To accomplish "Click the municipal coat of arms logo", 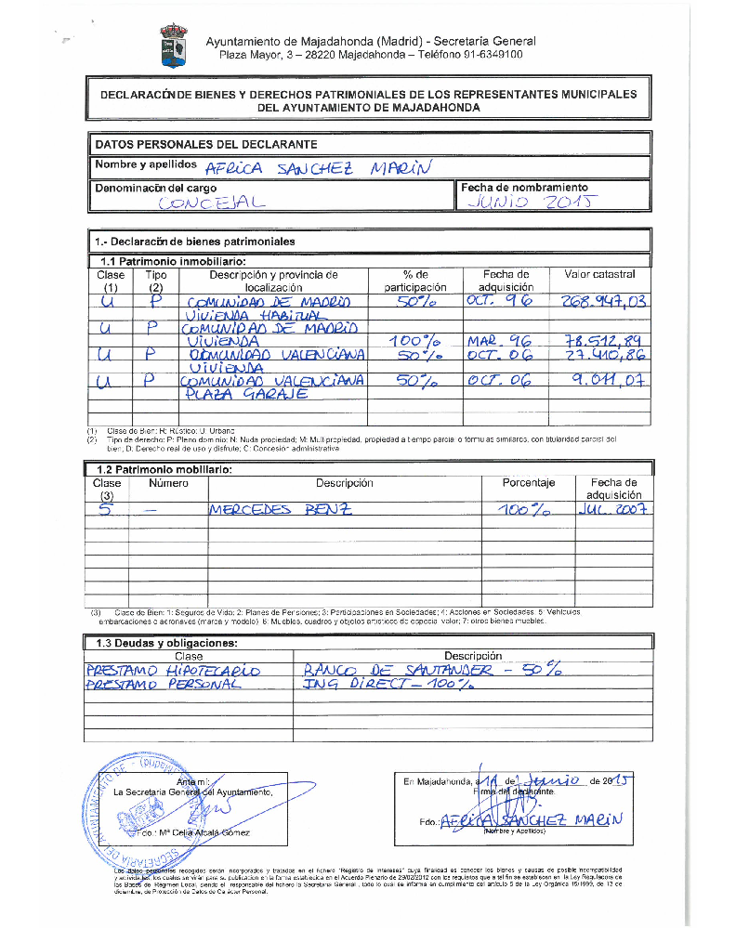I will [x=174, y=46].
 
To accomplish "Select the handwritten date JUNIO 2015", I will [x=531, y=202].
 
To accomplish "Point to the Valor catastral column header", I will [x=599, y=275].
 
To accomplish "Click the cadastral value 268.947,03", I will [x=603, y=302].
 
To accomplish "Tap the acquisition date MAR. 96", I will [x=500, y=342].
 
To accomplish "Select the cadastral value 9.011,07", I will [x=607, y=381].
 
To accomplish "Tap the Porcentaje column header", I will [x=528, y=483].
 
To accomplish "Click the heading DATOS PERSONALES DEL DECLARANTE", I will [x=206, y=144].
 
